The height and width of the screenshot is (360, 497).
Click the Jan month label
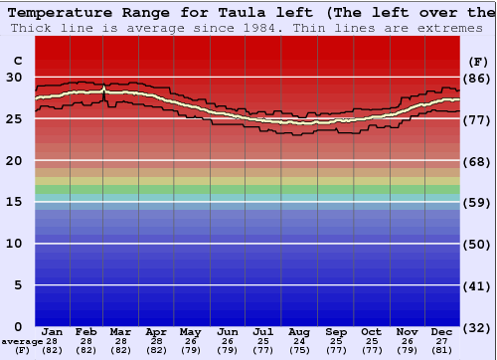click(x=53, y=331)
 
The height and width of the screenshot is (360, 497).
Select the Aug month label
click(x=299, y=331)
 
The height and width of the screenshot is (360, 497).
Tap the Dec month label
click(x=442, y=331)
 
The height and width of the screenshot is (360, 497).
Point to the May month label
click(x=190, y=331)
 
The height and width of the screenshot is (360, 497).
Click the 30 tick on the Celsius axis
click(x=14, y=78)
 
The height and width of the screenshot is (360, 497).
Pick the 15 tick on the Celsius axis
click(x=14, y=202)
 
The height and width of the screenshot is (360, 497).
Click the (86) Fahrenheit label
click(x=477, y=78)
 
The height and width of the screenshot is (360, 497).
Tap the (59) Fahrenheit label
click(x=477, y=202)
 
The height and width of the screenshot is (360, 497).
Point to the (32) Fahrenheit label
click(x=477, y=327)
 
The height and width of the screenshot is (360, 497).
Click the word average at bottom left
click(x=22, y=341)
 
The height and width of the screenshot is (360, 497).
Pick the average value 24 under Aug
click(x=299, y=341)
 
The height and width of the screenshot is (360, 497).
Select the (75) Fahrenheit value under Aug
click(x=299, y=350)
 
